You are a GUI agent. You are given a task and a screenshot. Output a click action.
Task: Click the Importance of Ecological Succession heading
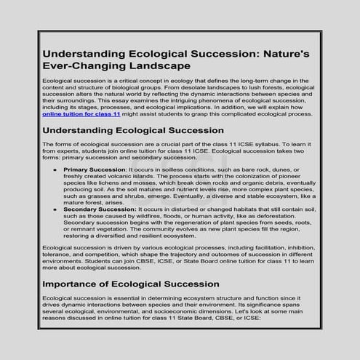135,283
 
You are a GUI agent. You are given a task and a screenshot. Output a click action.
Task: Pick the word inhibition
297,249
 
